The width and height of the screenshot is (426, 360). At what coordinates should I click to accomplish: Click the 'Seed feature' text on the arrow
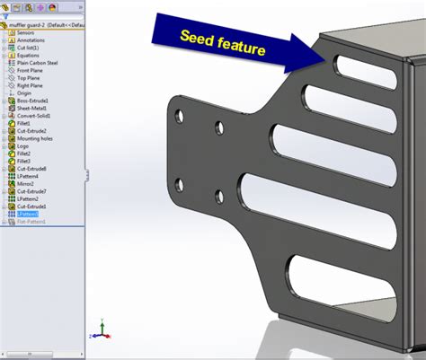222,43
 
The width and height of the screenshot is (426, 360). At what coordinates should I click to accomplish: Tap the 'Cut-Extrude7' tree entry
31,191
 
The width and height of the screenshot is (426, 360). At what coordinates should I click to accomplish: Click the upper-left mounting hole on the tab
179,116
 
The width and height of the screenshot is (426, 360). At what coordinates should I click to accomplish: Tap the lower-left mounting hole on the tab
178,185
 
